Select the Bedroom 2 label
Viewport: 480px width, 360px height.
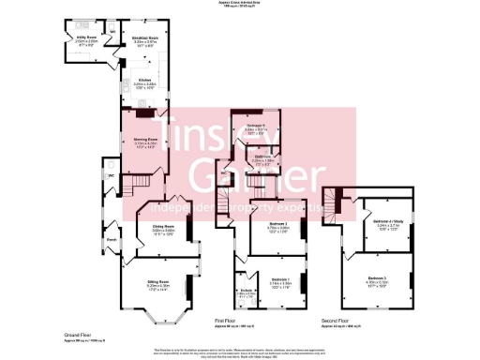[278, 224]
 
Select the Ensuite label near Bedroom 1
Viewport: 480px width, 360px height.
[246, 292]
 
